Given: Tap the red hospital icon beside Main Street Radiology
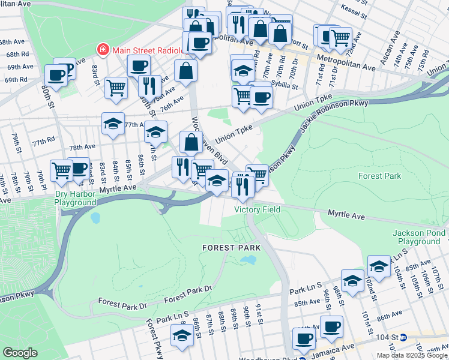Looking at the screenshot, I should pos(103,49).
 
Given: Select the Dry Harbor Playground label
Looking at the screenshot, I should pos(75,198).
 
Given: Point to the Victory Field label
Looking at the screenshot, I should pos(258,209).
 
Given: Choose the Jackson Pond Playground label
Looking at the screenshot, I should pos(419,237).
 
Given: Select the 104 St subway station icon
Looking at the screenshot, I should pos(404,338).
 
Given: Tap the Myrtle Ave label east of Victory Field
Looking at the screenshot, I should pos(346,214).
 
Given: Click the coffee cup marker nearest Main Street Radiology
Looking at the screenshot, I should pos(138,65).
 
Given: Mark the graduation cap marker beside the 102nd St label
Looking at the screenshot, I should pos(379,265).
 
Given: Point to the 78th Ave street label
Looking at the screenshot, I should pos(82,147).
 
